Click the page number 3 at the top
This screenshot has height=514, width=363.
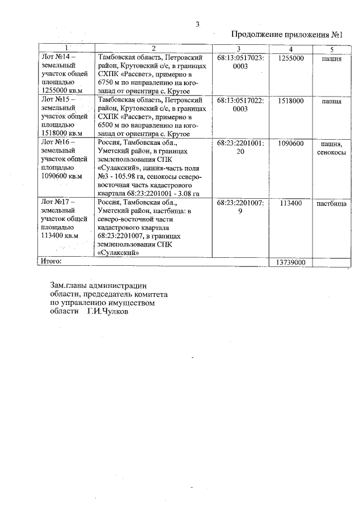(x=197, y=24)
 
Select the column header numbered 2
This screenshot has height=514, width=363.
(x=154, y=48)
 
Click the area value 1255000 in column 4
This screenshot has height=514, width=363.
(x=293, y=58)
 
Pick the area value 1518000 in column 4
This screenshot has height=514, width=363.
(x=293, y=101)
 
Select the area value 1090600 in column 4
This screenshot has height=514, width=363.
(x=293, y=144)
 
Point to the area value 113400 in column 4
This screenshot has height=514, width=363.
(x=293, y=203)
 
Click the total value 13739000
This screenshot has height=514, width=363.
(x=291, y=262)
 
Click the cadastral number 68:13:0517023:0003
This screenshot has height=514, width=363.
(x=240, y=62)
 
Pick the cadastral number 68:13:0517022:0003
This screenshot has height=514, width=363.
(x=240, y=105)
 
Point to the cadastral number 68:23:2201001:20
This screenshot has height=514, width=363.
(x=240, y=148)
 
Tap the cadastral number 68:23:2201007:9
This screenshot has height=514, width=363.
(x=240, y=207)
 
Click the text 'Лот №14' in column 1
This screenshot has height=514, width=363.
(x=57, y=57)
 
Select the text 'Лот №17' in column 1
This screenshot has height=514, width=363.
(x=57, y=202)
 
